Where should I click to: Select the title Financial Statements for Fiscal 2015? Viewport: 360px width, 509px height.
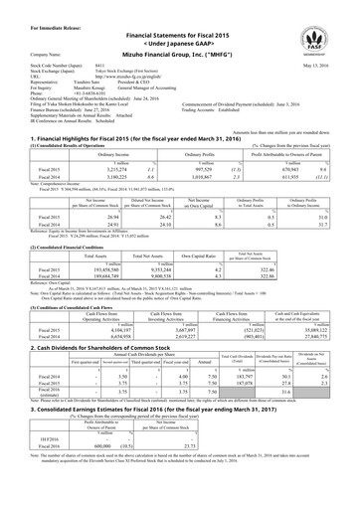180,19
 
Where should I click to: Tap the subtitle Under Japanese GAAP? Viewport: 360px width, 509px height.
180,30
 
